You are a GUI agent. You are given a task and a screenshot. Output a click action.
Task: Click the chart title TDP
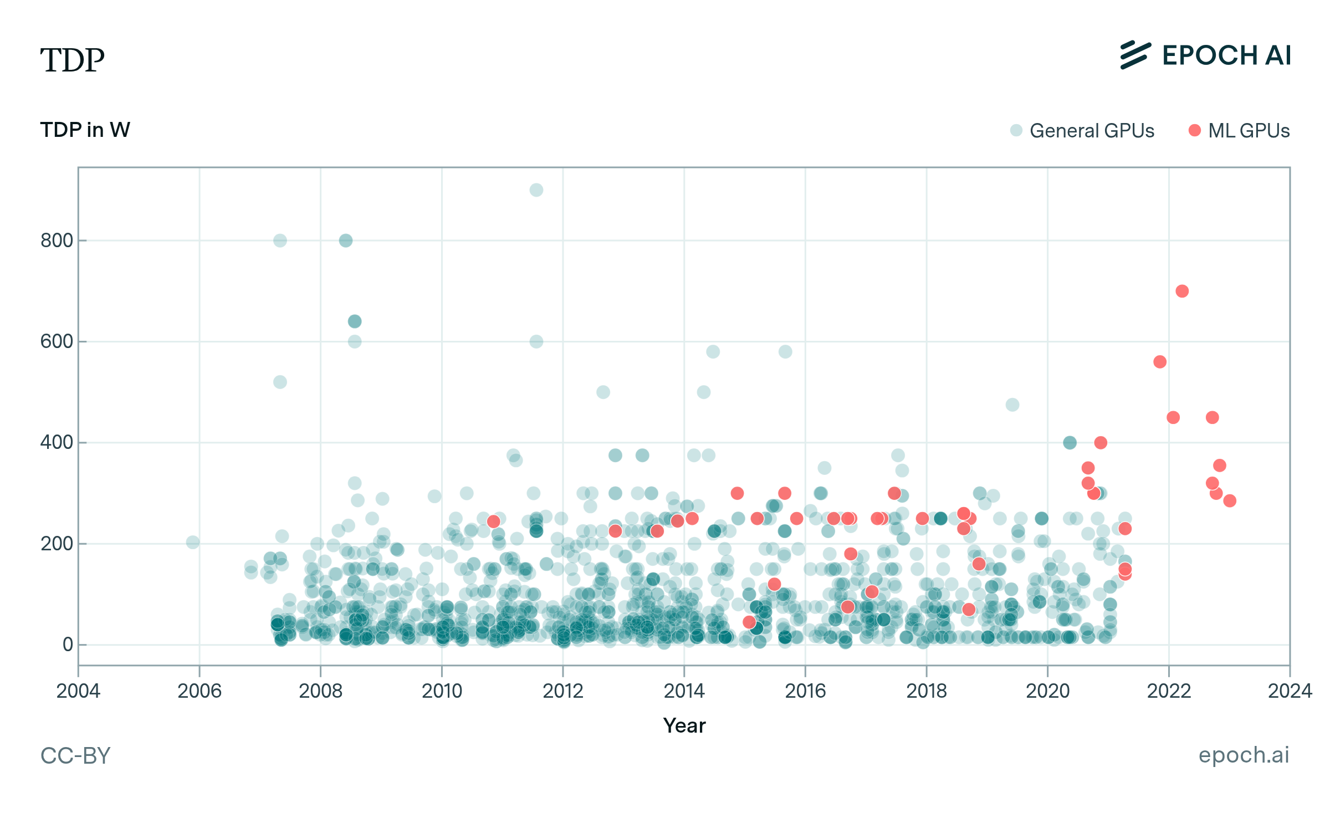72,60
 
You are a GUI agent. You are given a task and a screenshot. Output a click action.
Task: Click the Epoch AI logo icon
1135,55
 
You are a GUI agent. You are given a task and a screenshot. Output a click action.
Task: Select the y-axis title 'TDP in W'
85,130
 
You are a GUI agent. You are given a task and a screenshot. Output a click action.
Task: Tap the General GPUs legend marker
1016,131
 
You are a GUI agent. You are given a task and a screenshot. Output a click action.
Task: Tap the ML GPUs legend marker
1195,131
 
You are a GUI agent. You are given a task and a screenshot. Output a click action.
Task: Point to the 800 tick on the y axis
57,241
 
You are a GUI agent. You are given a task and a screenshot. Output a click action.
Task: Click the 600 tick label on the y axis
57,342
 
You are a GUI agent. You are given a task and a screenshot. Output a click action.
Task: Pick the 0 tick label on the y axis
68,645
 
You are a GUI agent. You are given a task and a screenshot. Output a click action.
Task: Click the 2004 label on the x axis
78,691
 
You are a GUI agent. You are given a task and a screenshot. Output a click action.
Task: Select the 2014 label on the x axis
684,691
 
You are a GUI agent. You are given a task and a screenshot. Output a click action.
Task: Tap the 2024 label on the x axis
1290,691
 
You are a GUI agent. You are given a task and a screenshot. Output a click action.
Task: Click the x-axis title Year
684,726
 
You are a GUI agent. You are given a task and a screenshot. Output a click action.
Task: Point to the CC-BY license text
75,756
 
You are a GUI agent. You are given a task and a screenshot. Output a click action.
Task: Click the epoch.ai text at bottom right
1244,755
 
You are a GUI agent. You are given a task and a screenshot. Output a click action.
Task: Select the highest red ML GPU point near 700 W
1182,292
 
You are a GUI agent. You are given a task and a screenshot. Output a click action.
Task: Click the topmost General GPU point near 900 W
536,190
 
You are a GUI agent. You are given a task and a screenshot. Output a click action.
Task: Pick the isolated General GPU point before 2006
193,543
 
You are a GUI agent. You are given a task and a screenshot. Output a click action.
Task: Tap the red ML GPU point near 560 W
1160,362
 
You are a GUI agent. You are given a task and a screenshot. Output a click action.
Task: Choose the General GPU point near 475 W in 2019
1012,405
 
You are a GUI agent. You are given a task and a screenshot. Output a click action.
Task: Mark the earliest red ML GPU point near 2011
494,521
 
